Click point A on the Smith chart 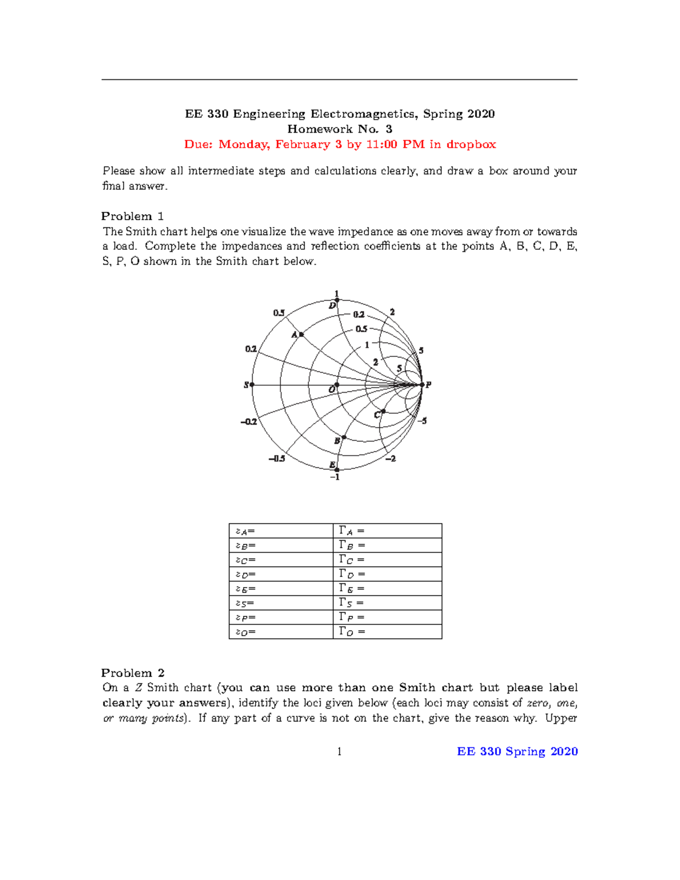point(301,334)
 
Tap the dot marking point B point(344,437)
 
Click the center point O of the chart point(337,385)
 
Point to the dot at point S point(252,385)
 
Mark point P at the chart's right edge point(422,385)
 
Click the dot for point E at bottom point(337,470)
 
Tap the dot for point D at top point(337,300)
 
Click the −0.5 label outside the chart point(277,458)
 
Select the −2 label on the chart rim point(390,458)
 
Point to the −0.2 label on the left point(248,422)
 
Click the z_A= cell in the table point(280,531)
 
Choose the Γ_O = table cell point(387,632)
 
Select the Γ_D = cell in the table point(387,574)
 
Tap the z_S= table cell point(280,603)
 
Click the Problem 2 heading point(133,673)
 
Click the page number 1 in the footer point(339,752)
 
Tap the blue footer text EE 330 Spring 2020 point(517,752)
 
